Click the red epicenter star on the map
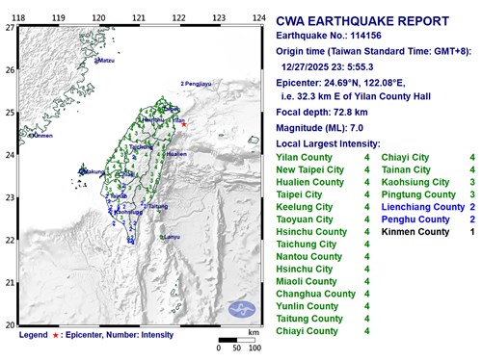(184, 124)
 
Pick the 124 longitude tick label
(258, 17)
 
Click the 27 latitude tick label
(9, 28)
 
